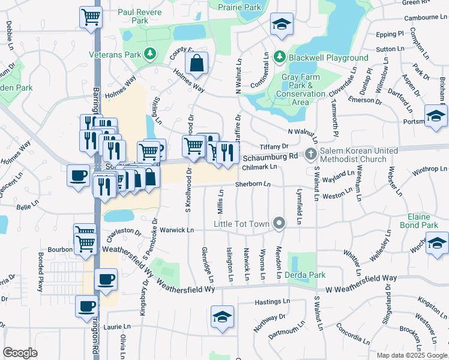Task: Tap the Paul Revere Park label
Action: [133, 16]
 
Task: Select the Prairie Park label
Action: [240, 7]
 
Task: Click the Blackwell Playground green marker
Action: [279, 57]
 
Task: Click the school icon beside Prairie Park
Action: [281, 24]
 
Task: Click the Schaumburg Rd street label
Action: [270, 157]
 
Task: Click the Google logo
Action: [20, 352]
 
